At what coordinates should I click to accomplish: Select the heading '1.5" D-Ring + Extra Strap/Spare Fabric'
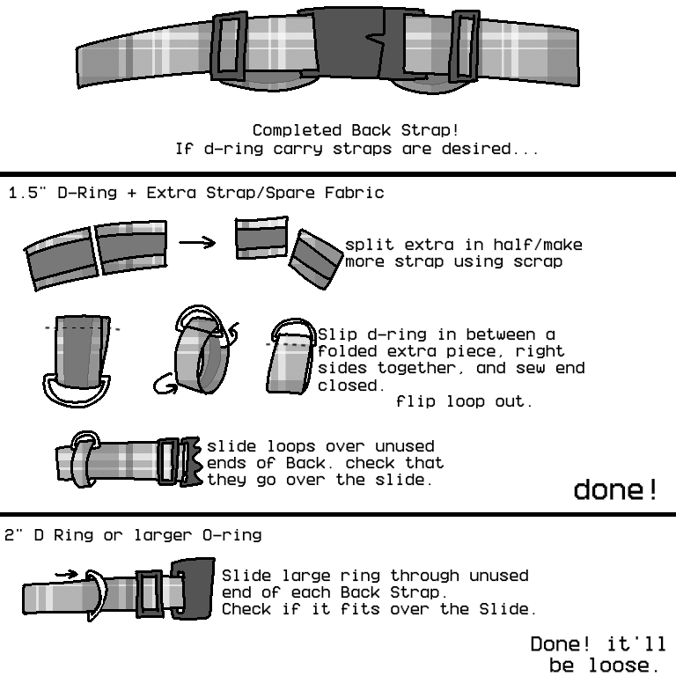tap(195, 192)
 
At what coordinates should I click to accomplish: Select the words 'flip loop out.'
tap(464, 402)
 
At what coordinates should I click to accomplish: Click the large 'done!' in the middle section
tap(615, 489)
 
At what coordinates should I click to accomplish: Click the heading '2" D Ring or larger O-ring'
tap(133, 534)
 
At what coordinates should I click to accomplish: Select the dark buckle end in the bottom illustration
tap(193, 589)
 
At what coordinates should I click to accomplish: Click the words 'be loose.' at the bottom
tap(603, 664)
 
